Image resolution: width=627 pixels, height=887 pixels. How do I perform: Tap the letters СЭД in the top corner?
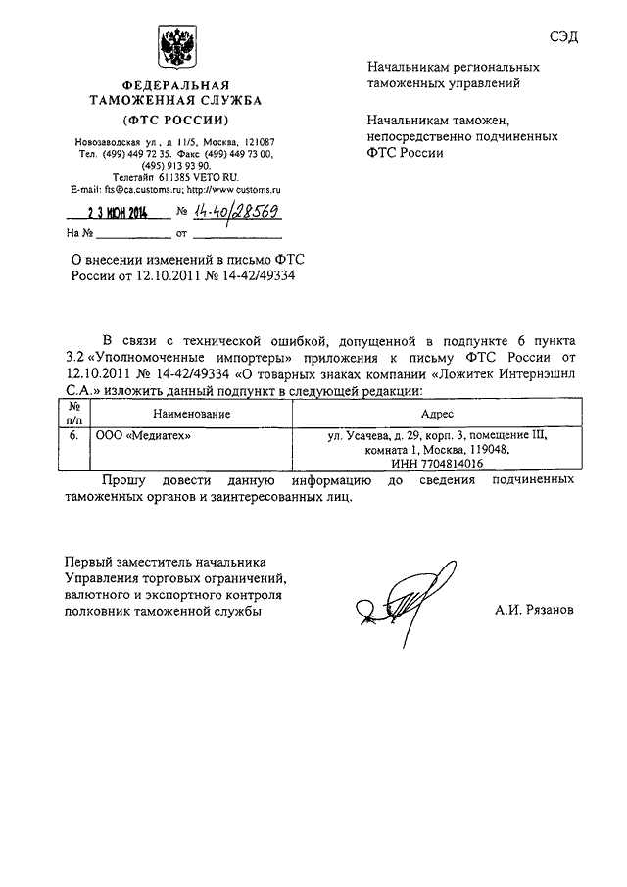(x=563, y=37)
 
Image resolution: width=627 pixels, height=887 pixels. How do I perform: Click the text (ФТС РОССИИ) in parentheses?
(x=176, y=120)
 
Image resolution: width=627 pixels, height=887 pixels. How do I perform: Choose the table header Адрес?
(x=437, y=415)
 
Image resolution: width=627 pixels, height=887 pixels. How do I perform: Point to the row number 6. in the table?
(x=74, y=434)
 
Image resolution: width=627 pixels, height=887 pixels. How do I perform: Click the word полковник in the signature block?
(x=99, y=611)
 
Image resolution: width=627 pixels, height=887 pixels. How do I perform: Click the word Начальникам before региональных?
(x=410, y=69)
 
